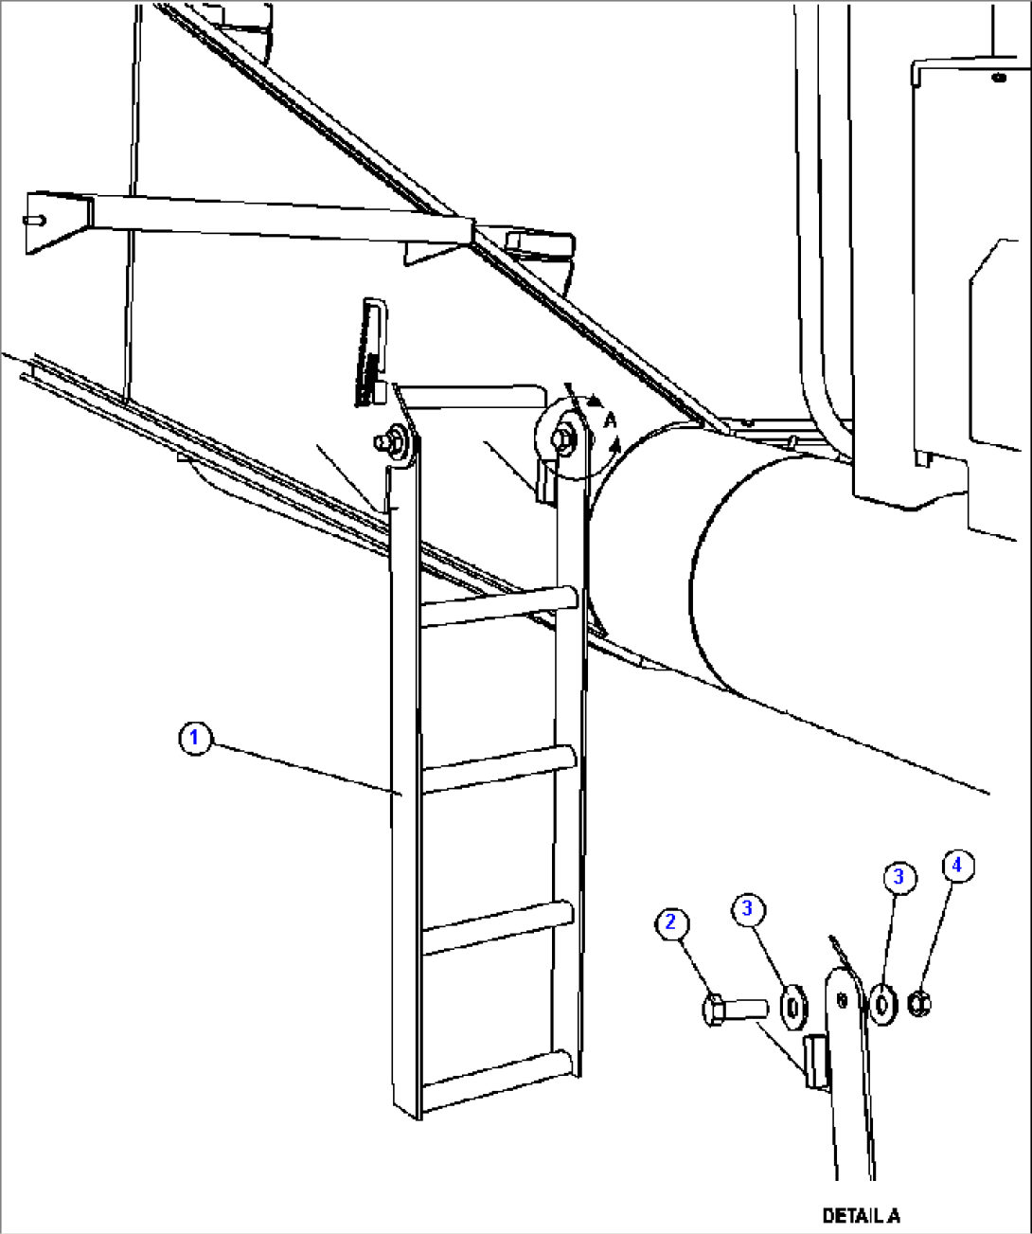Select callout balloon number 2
click(x=671, y=922)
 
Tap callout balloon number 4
click(x=956, y=865)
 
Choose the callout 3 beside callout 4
click(x=898, y=877)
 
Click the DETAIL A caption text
click(x=861, y=1215)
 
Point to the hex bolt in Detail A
click(x=733, y=1008)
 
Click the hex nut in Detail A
click(x=916, y=1002)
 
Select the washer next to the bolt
click(x=792, y=1005)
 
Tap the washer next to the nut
click(x=882, y=1003)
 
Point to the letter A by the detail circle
click(x=611, y=419)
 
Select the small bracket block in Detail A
click(x=815, y=1061)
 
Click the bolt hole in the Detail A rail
click(x=842, y=998)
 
